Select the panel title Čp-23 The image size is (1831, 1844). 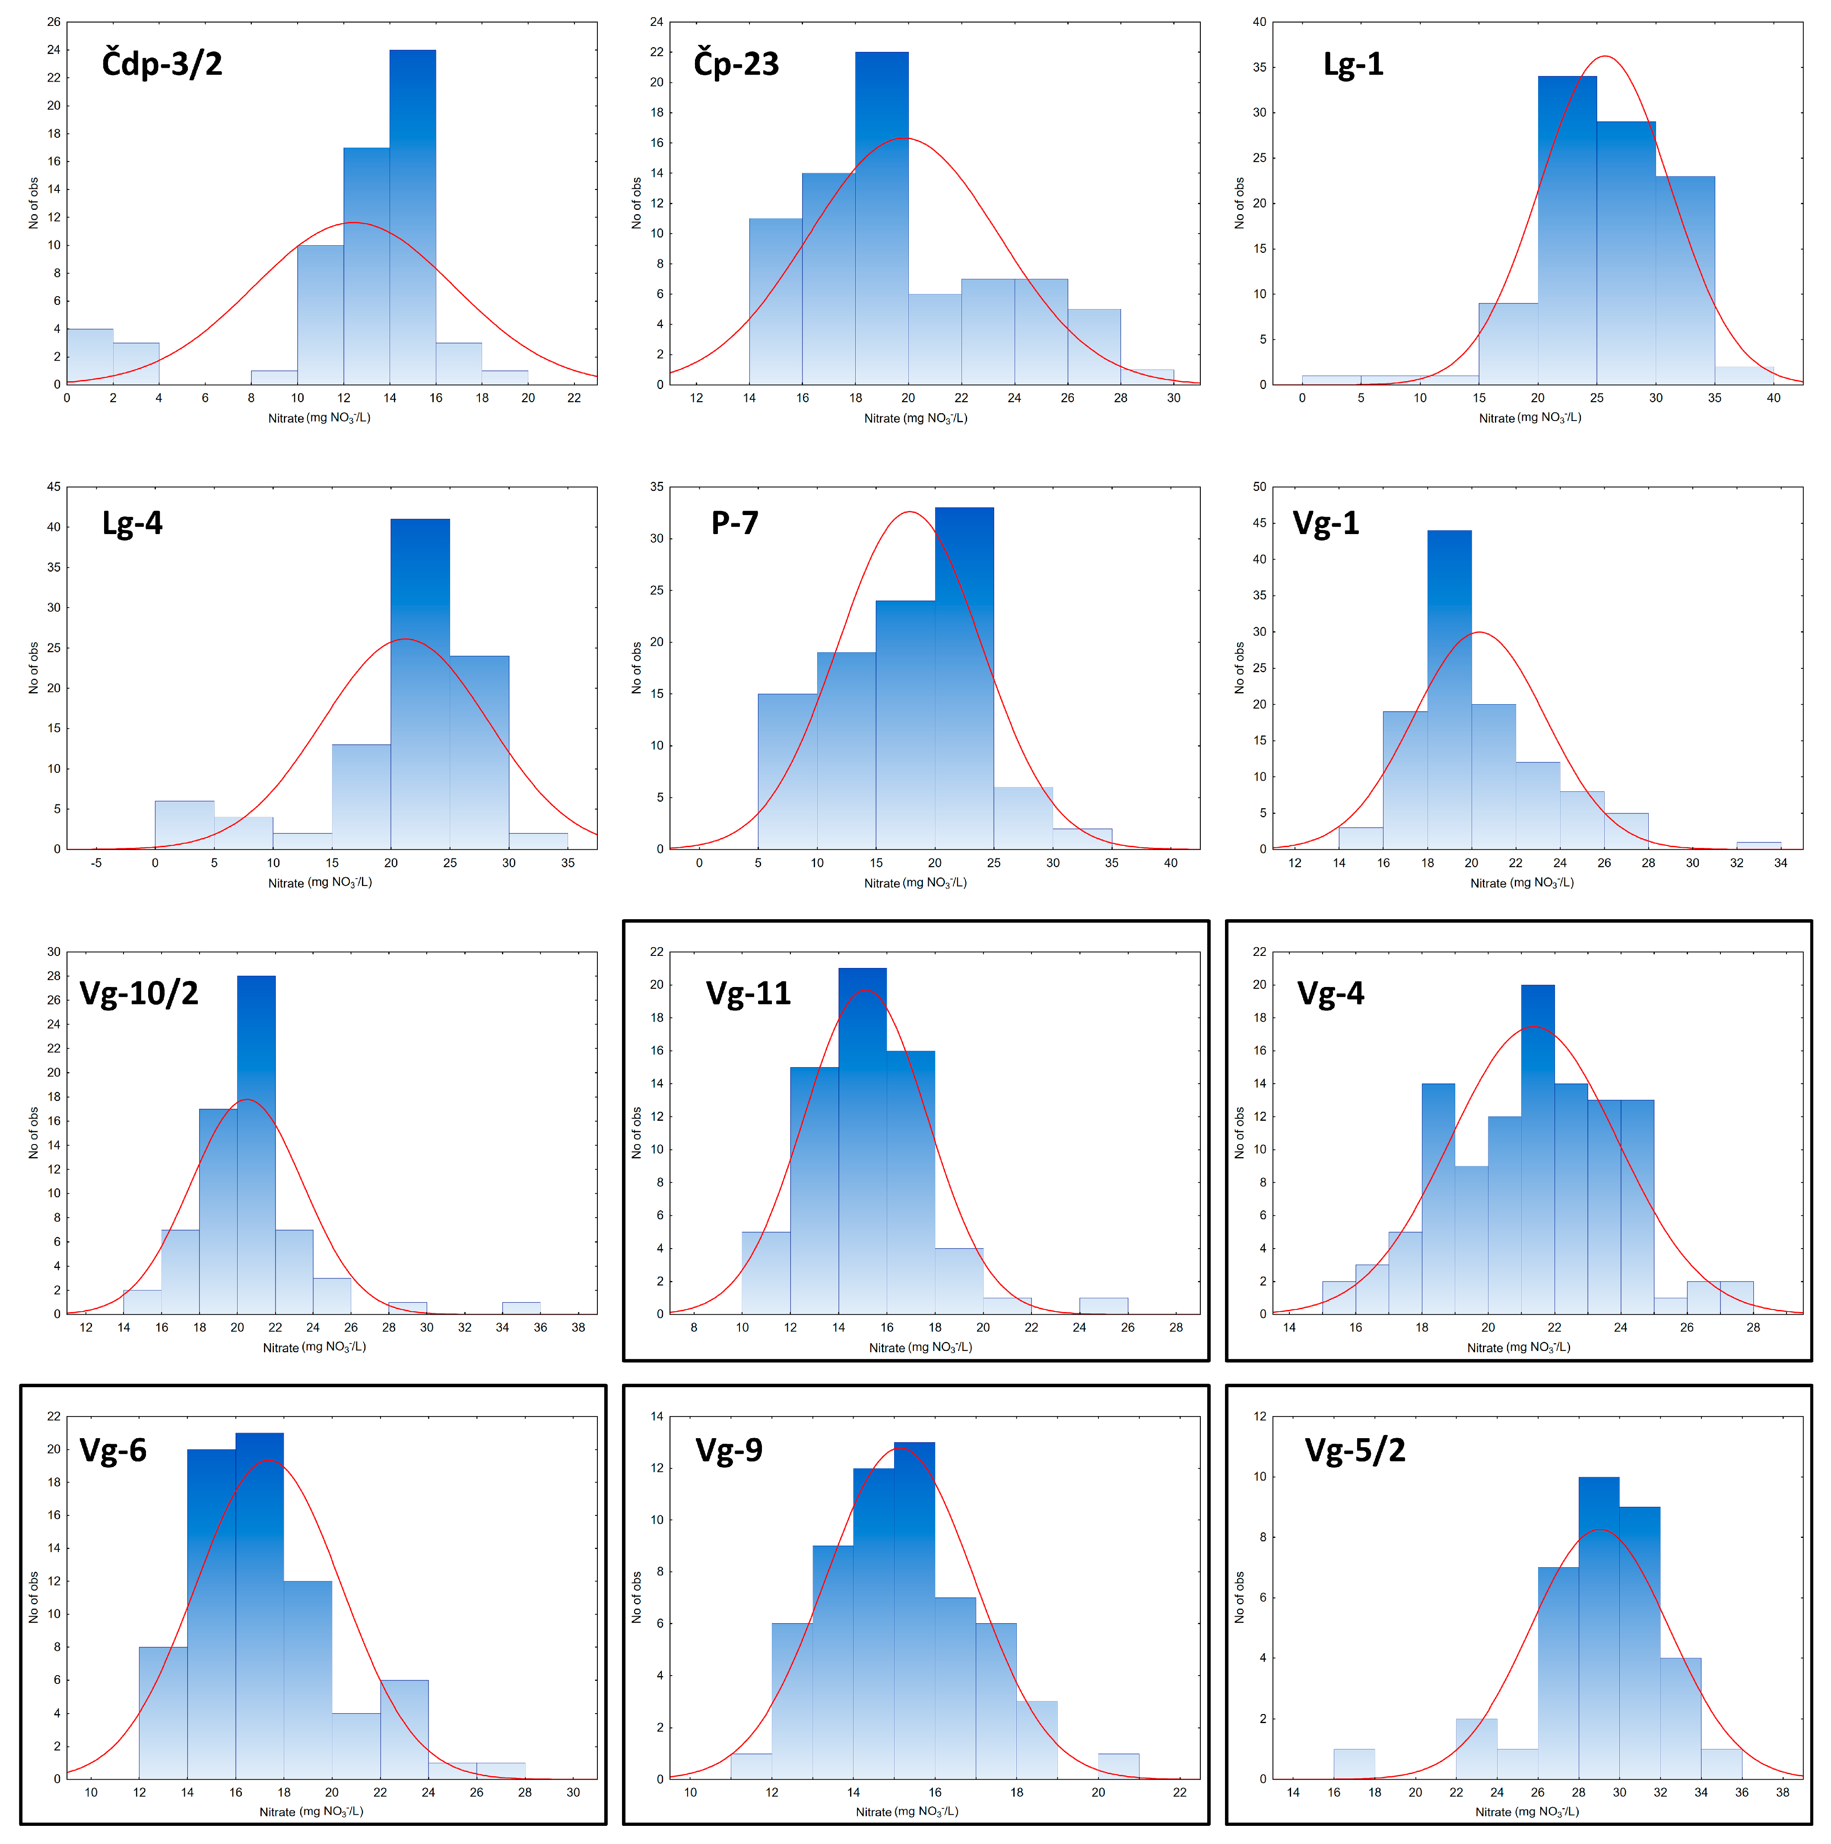point(736,64)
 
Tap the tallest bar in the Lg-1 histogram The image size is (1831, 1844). point(1567,229)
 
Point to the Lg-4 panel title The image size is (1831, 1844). point(133,523)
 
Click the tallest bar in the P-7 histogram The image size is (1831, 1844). point(964,678)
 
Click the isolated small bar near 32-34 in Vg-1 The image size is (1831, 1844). point(1758,845)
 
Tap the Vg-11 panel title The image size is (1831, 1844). point(749,993)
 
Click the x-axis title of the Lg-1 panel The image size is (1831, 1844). point(1530,418)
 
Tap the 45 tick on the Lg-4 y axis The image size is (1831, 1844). point(54,487)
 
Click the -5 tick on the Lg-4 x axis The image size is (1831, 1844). point(96,863)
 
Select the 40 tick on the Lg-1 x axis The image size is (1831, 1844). point(1773,398)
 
